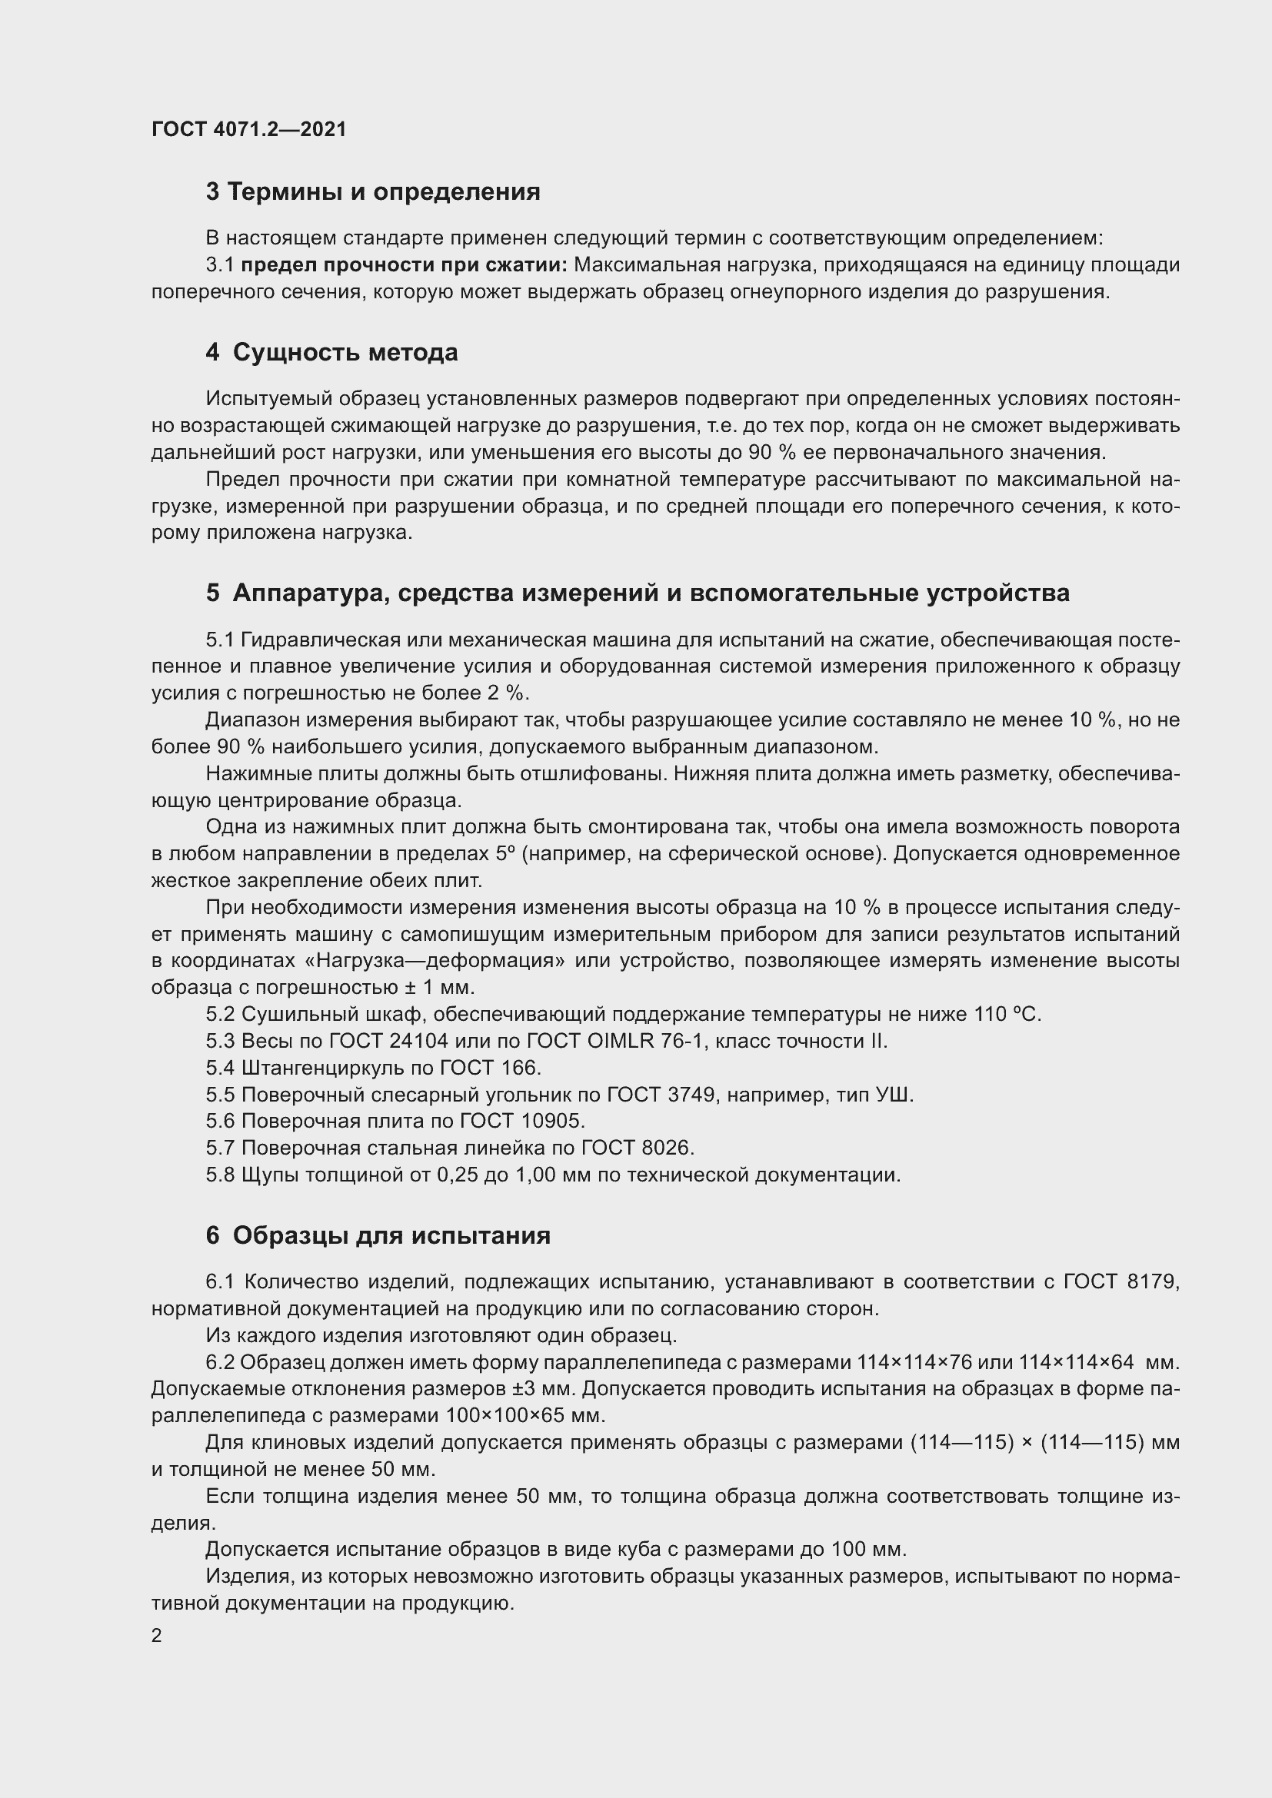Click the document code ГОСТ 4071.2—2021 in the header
(x=248, y=129)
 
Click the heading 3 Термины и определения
(x=373, y=192)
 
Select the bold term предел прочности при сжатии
(x=405, y=265)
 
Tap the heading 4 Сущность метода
(x=331, y=352)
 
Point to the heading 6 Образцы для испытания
(x=378, y=1236)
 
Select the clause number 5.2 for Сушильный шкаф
(x=220, y=1015)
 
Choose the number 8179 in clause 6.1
(x=1153, y=1282)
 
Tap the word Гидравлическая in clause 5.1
(x=317, y=640)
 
